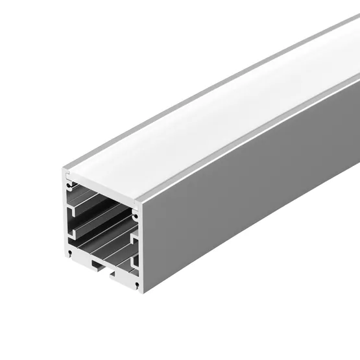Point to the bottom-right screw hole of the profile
[136, 283]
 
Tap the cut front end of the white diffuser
[104, 189]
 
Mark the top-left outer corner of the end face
[64, 170]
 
